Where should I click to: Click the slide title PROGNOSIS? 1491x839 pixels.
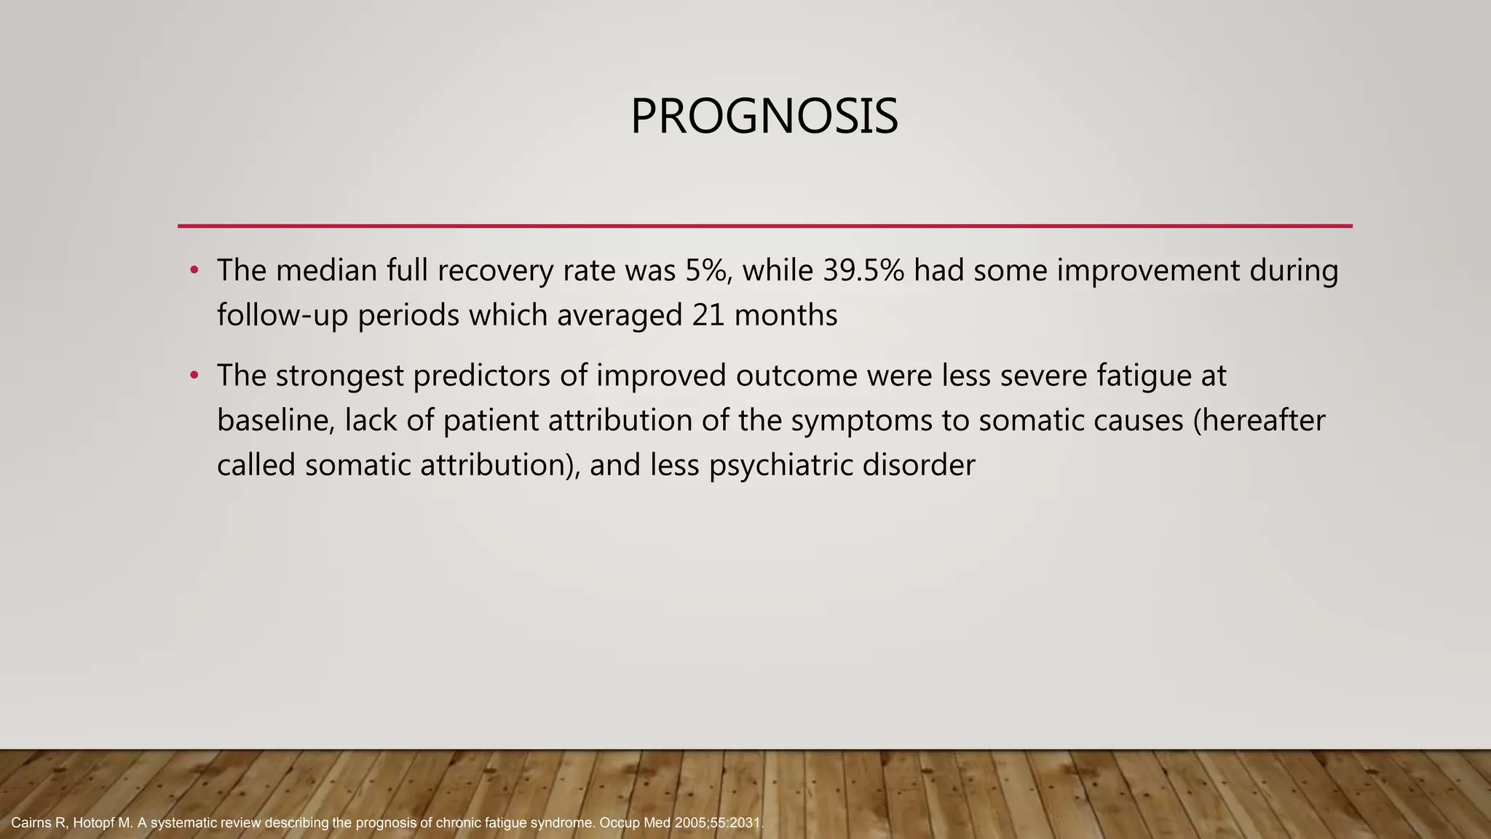pos(764,117)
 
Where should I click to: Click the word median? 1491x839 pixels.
pos(326,271)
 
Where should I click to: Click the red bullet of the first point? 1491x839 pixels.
pos(194,271)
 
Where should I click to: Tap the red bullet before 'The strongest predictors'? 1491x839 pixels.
pos(194,376)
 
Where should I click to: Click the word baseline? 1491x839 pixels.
pos(275,421)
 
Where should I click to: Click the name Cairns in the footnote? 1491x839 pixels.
pos(31,824)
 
